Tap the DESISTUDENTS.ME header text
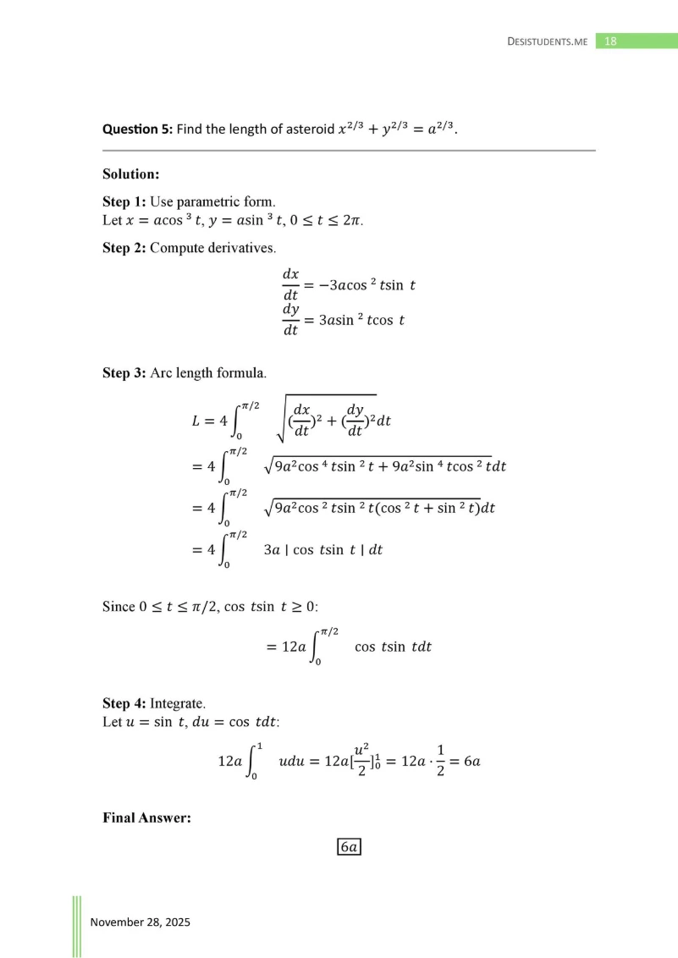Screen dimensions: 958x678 point(547,41)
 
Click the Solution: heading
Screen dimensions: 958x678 point(131,174)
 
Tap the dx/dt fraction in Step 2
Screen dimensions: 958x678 point(290,284)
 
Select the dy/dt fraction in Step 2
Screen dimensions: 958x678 point(290,320)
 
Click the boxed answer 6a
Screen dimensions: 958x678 point(349,847)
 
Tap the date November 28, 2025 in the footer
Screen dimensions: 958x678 point(141,922)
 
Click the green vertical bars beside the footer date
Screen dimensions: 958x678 point(76,926)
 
